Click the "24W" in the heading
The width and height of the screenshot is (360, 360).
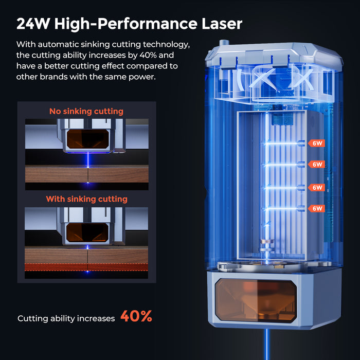click(x=33, y=24)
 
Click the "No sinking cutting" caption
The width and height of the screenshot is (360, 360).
click(x=86, y=111)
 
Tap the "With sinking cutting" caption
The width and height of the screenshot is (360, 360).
click(x=86, y=199)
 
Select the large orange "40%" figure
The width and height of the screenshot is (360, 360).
click(x=136, y=316)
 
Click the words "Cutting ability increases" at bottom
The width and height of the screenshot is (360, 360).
click(x=66, y=318)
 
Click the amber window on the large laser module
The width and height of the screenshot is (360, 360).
click(x=255, y=300)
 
